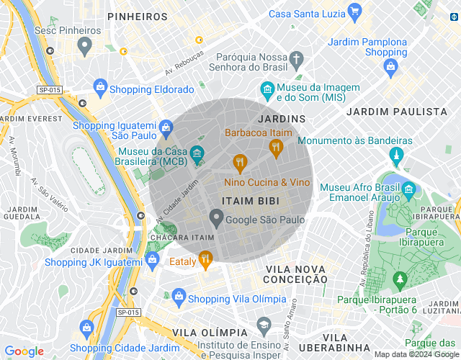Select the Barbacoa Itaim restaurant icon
click(x=275, y=148)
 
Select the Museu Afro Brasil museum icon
click(x=409, y=192)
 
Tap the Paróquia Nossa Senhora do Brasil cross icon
click(x=296, y=58)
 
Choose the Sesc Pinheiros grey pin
click(x=85, y=47)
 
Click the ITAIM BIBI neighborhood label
click(x=250, y=202)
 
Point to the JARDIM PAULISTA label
click(x=396, y=112)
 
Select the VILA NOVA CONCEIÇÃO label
click(x=296, y=274)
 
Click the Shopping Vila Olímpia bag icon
click(x=178, y=297)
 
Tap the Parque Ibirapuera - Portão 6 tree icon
click(x=400, y=279)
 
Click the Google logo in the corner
click(x=24, y=351)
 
